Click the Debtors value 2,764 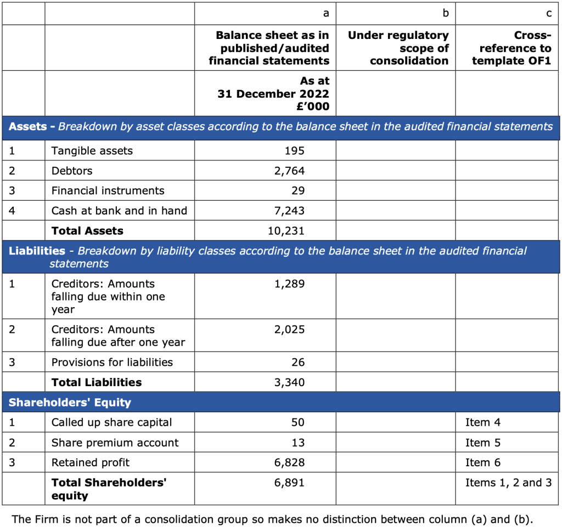289,171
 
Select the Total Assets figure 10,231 286,231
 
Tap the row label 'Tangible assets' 92,151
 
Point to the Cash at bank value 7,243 289,211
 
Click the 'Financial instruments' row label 108,191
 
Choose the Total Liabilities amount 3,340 289,382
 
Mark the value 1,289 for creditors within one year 289,284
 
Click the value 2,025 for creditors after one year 289,330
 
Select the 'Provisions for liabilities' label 112,362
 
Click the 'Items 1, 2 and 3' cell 508,483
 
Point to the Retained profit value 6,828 289,462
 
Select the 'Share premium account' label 115,443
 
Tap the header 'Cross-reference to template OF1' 511,48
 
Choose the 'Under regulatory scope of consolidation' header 398,48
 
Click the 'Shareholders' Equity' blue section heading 70,403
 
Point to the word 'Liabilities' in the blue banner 37,251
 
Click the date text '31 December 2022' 273,94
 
